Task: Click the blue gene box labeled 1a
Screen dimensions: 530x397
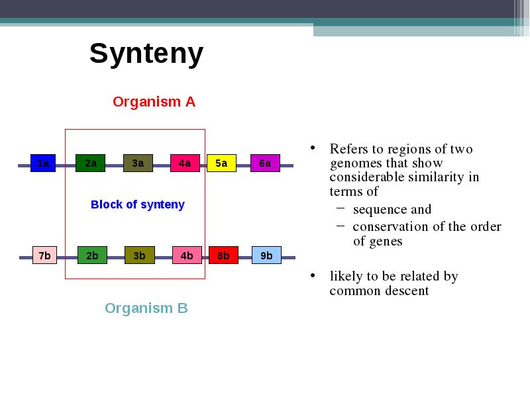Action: [x=43, y=163]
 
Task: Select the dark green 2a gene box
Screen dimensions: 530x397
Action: [x=90, y=163]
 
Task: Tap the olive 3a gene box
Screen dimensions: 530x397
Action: [x=138, y=163]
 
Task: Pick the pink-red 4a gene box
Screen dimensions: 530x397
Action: [x=185, y=163]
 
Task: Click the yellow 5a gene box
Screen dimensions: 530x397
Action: [x=221, y=163]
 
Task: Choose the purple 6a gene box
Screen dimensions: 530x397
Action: [x=265, y=163]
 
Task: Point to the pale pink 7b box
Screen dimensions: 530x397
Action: [x=44, y=255]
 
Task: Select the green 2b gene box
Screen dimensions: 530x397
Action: [x=92, y=255]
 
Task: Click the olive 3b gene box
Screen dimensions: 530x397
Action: [x=140, y=255]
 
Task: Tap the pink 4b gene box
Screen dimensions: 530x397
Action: [x=187, y=255]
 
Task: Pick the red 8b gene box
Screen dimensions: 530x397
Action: [x=223, y=255]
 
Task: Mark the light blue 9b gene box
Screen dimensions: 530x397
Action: [x=266, y=255]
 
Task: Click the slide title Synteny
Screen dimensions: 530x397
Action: [x=146, y=54]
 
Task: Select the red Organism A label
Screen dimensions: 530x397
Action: [x=154, y=102]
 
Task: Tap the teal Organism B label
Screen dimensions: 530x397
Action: [x=146, y=308]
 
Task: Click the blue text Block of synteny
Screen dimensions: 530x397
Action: [x=138, y=204]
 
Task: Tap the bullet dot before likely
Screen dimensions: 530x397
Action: [x=313, y=276]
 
